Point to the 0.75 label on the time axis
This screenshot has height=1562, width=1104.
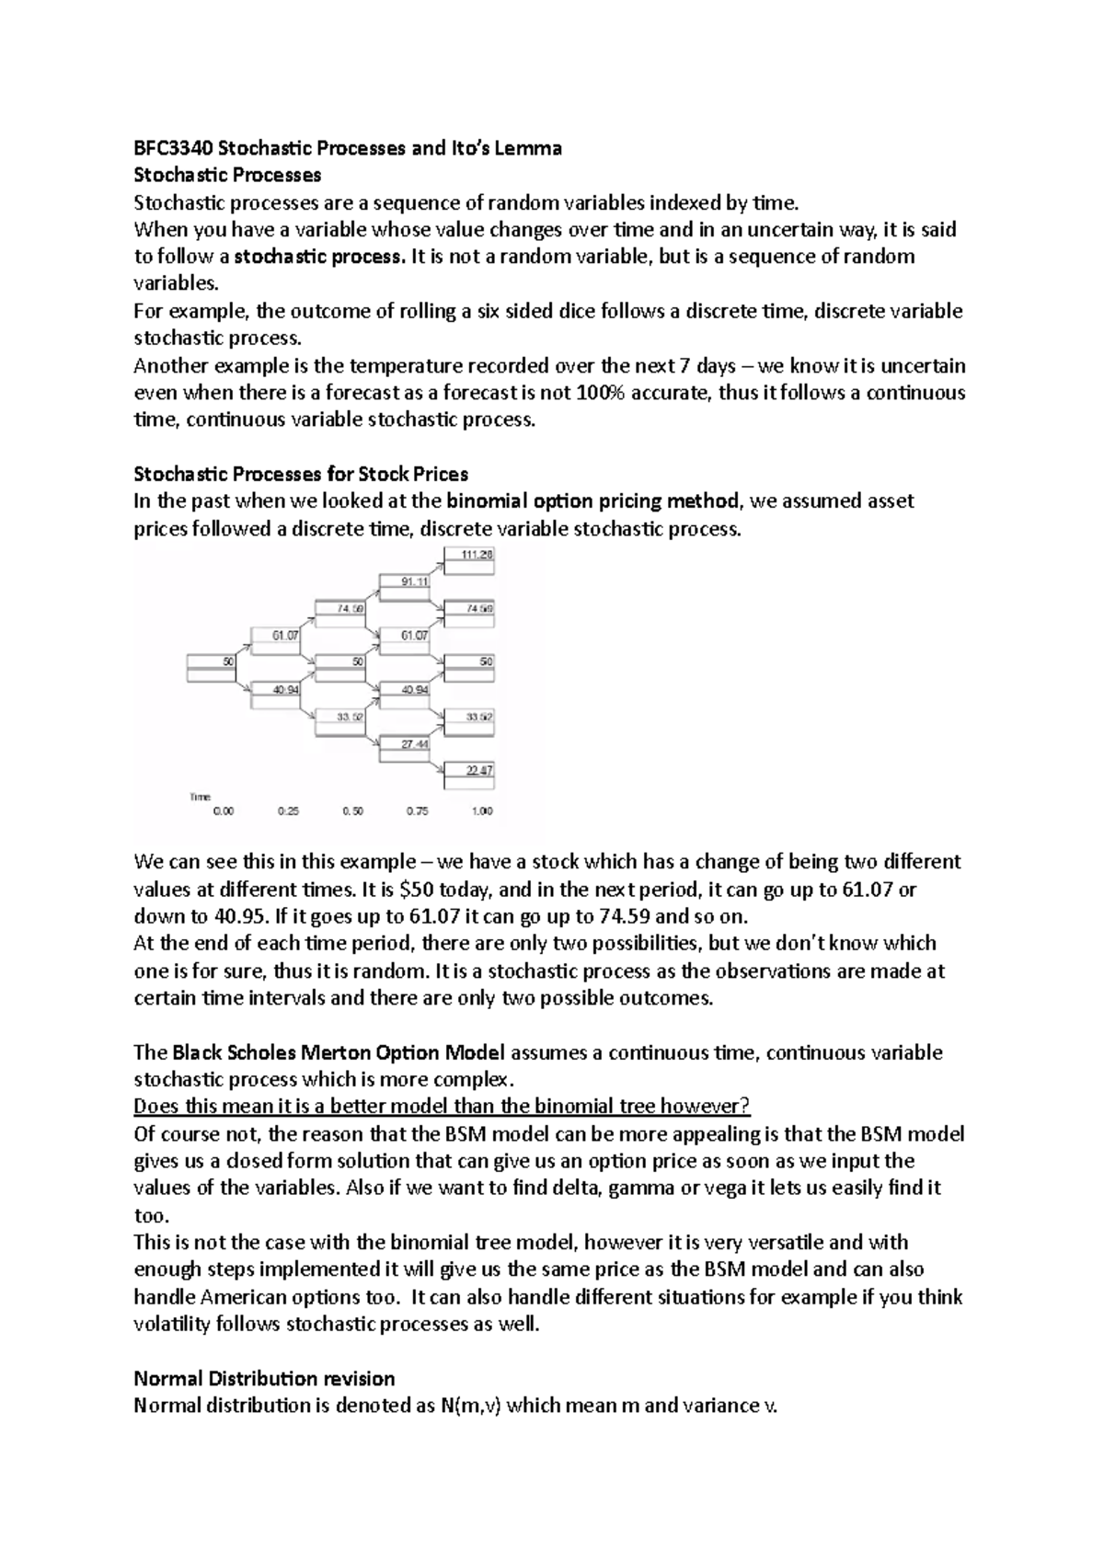(x=417, y=811)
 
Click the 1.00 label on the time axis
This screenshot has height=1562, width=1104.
(x=481, y=811)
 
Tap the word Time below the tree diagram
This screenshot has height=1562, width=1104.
(x=200, y=797)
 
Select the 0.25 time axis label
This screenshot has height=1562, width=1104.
(x=288, y=811)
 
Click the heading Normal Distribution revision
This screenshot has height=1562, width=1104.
(x=264, y=1378)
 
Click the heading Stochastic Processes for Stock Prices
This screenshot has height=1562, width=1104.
(x=301, y=474)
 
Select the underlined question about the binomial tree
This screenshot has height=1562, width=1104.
(x=443, y=1106)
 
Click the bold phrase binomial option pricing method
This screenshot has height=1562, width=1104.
(x=592, y=501)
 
